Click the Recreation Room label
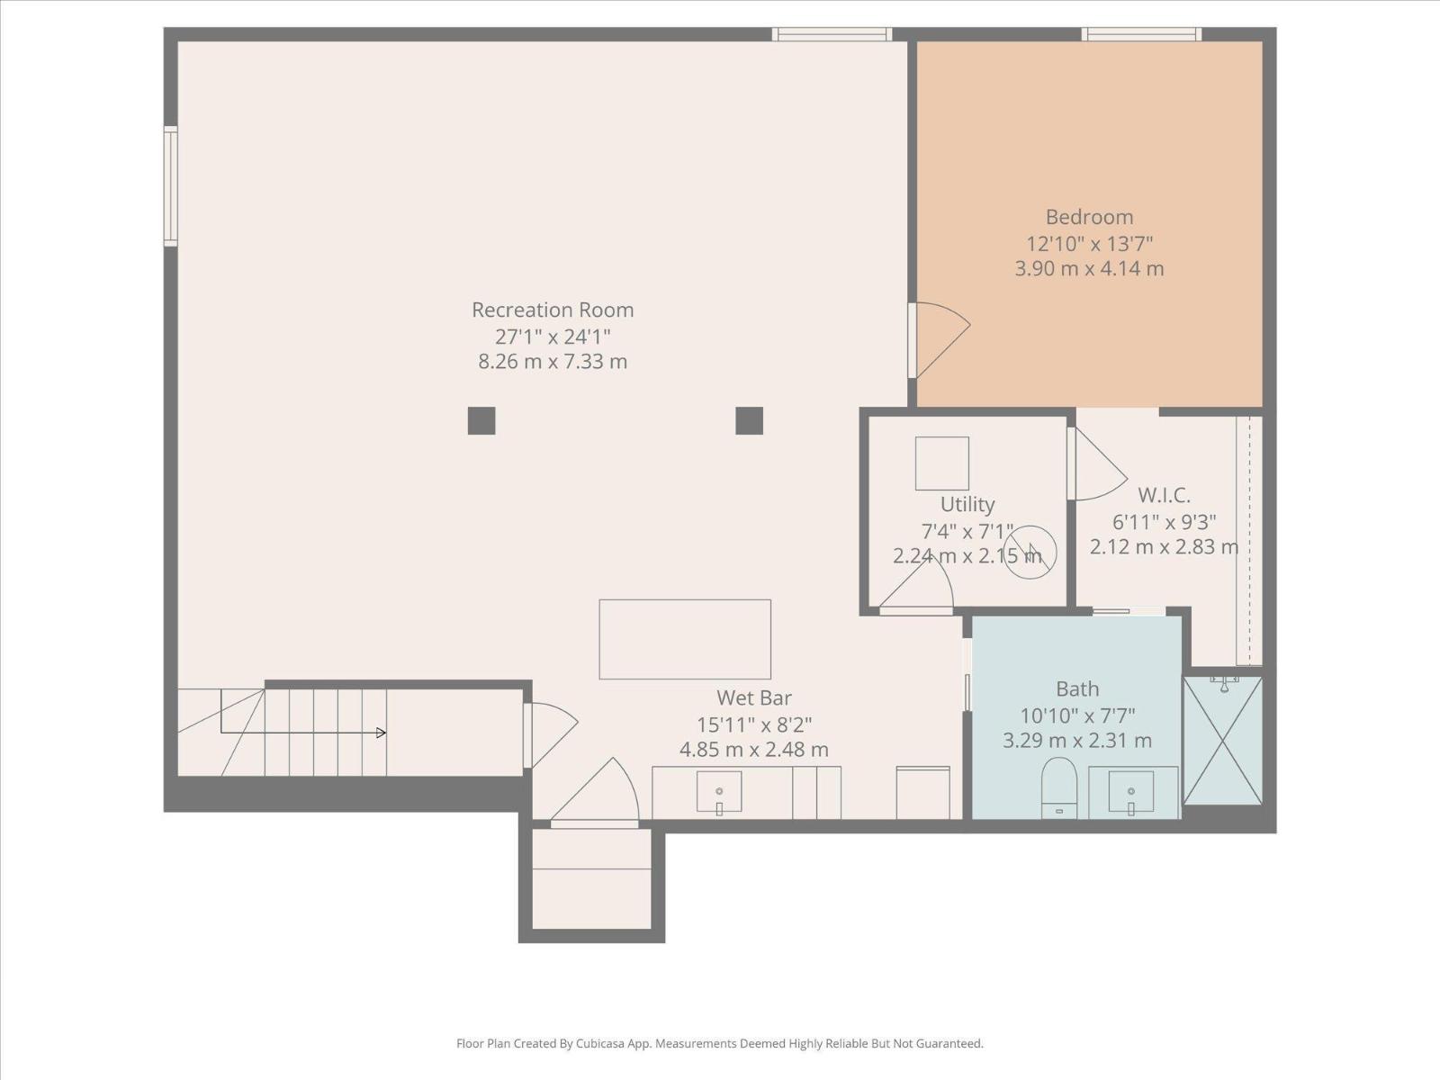(553, 310)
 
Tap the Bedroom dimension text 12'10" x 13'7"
(1089, 243)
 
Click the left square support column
(481, 420)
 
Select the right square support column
(749, 420)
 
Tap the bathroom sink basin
(1130, 791)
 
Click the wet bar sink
(719, 791)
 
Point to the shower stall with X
(1222, 741)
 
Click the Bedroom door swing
(940, 337)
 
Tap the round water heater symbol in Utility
(1030, 551)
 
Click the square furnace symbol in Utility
(941, 463)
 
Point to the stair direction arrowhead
(381, 733)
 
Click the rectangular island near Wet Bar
(685, 639)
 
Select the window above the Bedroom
(1140, 34)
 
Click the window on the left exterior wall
(170, 185)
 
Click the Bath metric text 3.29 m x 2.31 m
(1076, 741)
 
